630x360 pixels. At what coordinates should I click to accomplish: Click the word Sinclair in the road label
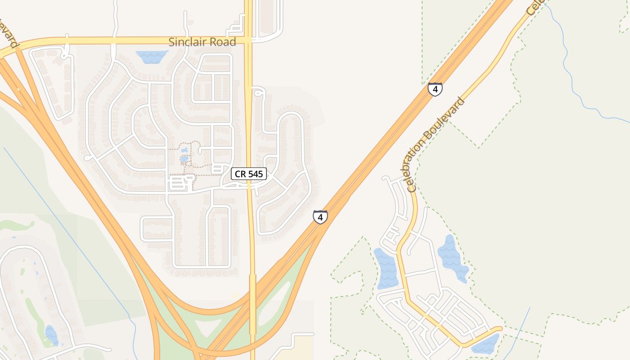coord(186,42)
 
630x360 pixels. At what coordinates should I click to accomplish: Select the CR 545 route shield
coord(249,174)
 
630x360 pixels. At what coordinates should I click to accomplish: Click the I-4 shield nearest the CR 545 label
coord(320,217)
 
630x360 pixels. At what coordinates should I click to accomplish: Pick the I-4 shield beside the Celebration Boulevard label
coord(435,89)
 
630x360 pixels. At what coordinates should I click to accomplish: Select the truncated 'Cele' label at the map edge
coord(535,7)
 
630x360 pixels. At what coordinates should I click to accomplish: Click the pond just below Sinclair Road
coord(152,57)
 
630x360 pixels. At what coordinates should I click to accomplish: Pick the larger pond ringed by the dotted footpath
coord(184,159)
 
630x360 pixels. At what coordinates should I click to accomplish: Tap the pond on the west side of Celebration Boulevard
coord(386,269)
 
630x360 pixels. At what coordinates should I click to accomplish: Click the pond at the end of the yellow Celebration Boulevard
coord(486,344)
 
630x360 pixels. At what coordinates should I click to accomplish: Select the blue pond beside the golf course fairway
coord(51,335)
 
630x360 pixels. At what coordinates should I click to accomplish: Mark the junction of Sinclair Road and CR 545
coord(248,40)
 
